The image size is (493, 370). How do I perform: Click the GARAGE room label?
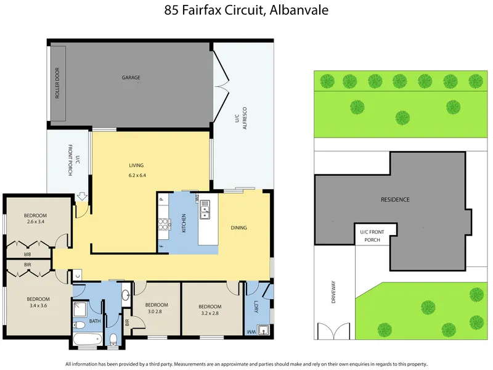tap(131, 78)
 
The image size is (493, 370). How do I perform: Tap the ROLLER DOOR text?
tap(57, 83)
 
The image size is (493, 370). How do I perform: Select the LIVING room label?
tap(136, 165)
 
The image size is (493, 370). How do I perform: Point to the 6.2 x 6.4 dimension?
tap(137, 175)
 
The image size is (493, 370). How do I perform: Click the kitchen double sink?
tap(205, 209)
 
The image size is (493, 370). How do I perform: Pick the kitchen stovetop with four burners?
tap(163, 224)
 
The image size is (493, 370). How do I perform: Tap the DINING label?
tap(238, 228)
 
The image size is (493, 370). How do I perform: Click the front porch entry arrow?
tap(82, 197)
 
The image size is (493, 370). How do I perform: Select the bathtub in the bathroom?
tap(88, 339)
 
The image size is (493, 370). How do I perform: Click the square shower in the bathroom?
tap(81, 310)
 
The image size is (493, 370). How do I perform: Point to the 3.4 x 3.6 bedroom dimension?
tap(38, 305)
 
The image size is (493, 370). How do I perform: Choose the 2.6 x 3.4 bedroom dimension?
tap(35, 221)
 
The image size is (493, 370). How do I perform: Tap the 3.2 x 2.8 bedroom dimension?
tap(210, 313)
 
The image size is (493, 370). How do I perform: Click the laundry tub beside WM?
tap(263, 330)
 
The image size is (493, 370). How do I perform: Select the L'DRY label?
tap(256, 306)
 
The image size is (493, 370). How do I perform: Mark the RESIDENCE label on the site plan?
tap(395, 199)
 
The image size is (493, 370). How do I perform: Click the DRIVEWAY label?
tap(333, 292)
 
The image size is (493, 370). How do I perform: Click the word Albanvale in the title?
tap(299, 10)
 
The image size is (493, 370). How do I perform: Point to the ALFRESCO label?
tap(245, 118)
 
